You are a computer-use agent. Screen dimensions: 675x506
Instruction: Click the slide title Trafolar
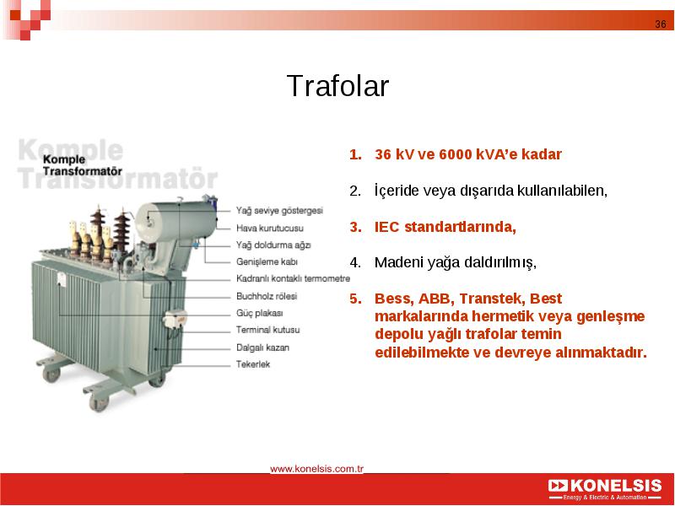point(337,86)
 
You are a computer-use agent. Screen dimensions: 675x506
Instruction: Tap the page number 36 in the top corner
point(661,24)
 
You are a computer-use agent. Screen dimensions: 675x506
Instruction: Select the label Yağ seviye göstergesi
point(279,210)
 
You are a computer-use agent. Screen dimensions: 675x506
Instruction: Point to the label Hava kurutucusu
point(269,228)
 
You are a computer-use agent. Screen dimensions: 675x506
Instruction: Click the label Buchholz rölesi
point(267,296)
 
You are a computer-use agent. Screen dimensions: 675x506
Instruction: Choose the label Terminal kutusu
point(267,330)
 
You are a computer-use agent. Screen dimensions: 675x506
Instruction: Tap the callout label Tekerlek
point(252,364)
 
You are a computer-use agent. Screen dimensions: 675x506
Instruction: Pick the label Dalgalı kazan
point(262,347)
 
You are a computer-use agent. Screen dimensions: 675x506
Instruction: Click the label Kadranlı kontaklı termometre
point(293,278)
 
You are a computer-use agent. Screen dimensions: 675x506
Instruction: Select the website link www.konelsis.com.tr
point(317,469)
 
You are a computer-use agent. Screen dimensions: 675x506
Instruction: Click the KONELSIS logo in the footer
point(605,489)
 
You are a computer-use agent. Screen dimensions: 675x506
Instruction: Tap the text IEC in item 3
point(387,226)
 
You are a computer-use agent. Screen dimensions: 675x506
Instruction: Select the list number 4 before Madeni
point(355,262)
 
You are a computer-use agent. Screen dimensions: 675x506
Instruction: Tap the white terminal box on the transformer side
point(175,320)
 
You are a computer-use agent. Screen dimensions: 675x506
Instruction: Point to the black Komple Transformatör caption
point(82,165)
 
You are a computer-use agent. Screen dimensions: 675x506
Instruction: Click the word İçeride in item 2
point(397,191)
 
